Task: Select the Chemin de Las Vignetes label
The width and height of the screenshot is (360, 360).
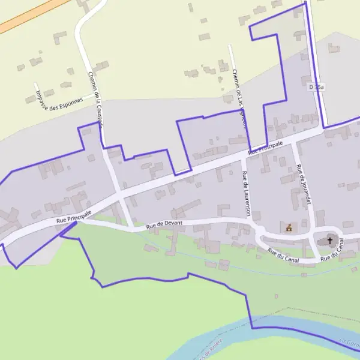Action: pos(239,99)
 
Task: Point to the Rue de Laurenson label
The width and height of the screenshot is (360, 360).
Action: pos(245,193)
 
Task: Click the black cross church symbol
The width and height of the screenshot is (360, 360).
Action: pos(329,240)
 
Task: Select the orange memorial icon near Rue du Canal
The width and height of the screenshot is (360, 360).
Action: pos(290,227)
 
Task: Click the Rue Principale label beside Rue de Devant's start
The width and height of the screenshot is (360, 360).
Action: pos(73,217)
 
